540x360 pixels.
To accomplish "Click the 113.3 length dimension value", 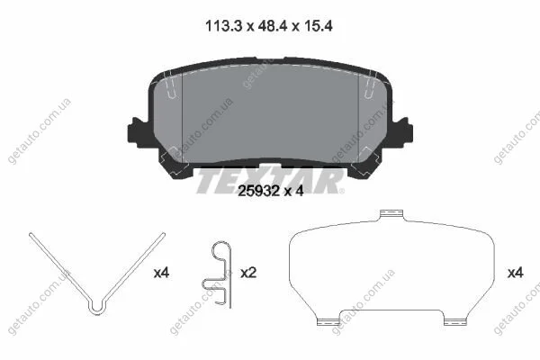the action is [x=224, y=26].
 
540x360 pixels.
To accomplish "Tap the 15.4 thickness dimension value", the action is [x=318, y=26].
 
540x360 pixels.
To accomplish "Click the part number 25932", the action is [x=258, y=191].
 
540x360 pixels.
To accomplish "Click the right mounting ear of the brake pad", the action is [x=402, y=132].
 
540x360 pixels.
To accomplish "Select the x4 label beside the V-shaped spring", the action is [x=161, y=274].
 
